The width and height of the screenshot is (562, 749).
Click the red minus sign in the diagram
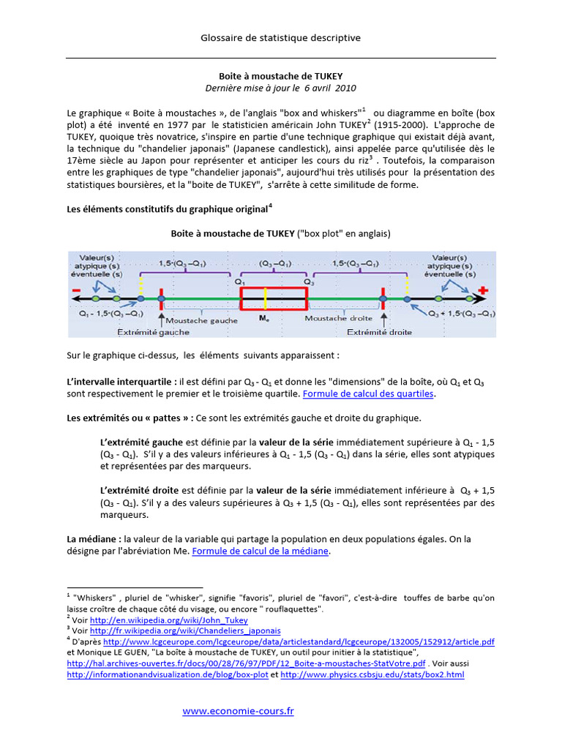[76, 293]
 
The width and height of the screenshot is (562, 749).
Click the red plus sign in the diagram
[482, 292]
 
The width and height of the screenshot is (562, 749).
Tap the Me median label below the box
[264, 319]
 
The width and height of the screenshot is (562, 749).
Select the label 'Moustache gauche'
[201, 320]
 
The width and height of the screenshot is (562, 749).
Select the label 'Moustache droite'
[338, 318]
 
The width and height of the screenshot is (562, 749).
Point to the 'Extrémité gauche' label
[153, 331]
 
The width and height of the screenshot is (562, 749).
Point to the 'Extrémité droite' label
[379, 331]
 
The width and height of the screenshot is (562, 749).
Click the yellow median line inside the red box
[266, 299]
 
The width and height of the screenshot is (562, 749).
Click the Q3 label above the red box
[308, 280]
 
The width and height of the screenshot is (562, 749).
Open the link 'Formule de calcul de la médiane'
[261, 552]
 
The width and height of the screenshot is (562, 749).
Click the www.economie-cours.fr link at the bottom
[238, 711]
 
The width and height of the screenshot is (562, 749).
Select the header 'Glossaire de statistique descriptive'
[281, 37]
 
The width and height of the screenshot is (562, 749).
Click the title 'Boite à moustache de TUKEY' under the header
[281, 75]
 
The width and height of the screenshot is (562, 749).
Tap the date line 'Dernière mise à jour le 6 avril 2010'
[281, 88]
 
